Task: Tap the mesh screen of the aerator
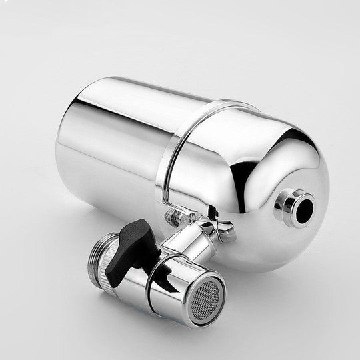pos(207,291)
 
